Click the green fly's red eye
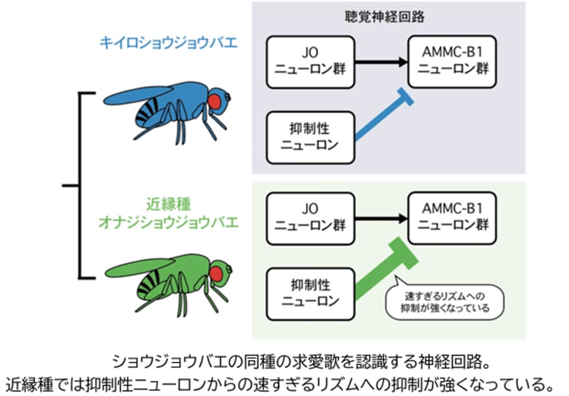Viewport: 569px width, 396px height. [x=217, y=273]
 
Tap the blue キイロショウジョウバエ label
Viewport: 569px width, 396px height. [x=169, y=43]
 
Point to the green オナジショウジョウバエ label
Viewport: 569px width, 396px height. [x=168, y=221]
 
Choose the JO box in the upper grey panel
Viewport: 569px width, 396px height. [x=310, y=62]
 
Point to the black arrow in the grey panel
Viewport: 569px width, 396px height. [x=380, y=62]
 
